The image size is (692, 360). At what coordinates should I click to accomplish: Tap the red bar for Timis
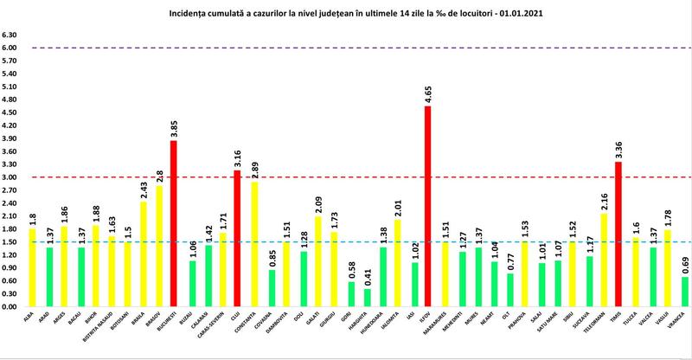pyautogui.click(x=617, y=234)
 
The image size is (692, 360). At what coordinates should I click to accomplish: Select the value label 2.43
pyautogui.click(x=144, y=188)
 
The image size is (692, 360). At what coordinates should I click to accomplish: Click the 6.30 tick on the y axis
pyautogui.click(x=10, y=35)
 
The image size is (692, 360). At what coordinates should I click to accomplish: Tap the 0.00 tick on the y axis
pyautogui.click(x=10, y=306)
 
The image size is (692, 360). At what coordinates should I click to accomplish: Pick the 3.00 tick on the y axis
pyautogui.click(x=10, y=177)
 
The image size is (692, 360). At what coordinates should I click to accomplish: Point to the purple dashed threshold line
pyautogui.click(x=346, y=48)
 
